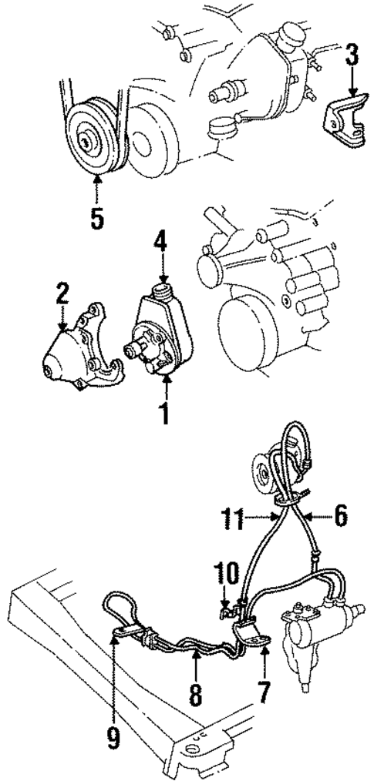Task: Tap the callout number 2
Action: (62, 294)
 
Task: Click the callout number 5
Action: (96, 216)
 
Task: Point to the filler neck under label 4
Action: (163, 292)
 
